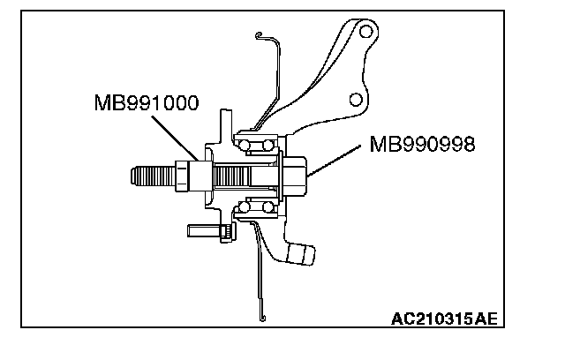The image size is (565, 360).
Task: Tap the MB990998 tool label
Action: pos(422,144)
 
